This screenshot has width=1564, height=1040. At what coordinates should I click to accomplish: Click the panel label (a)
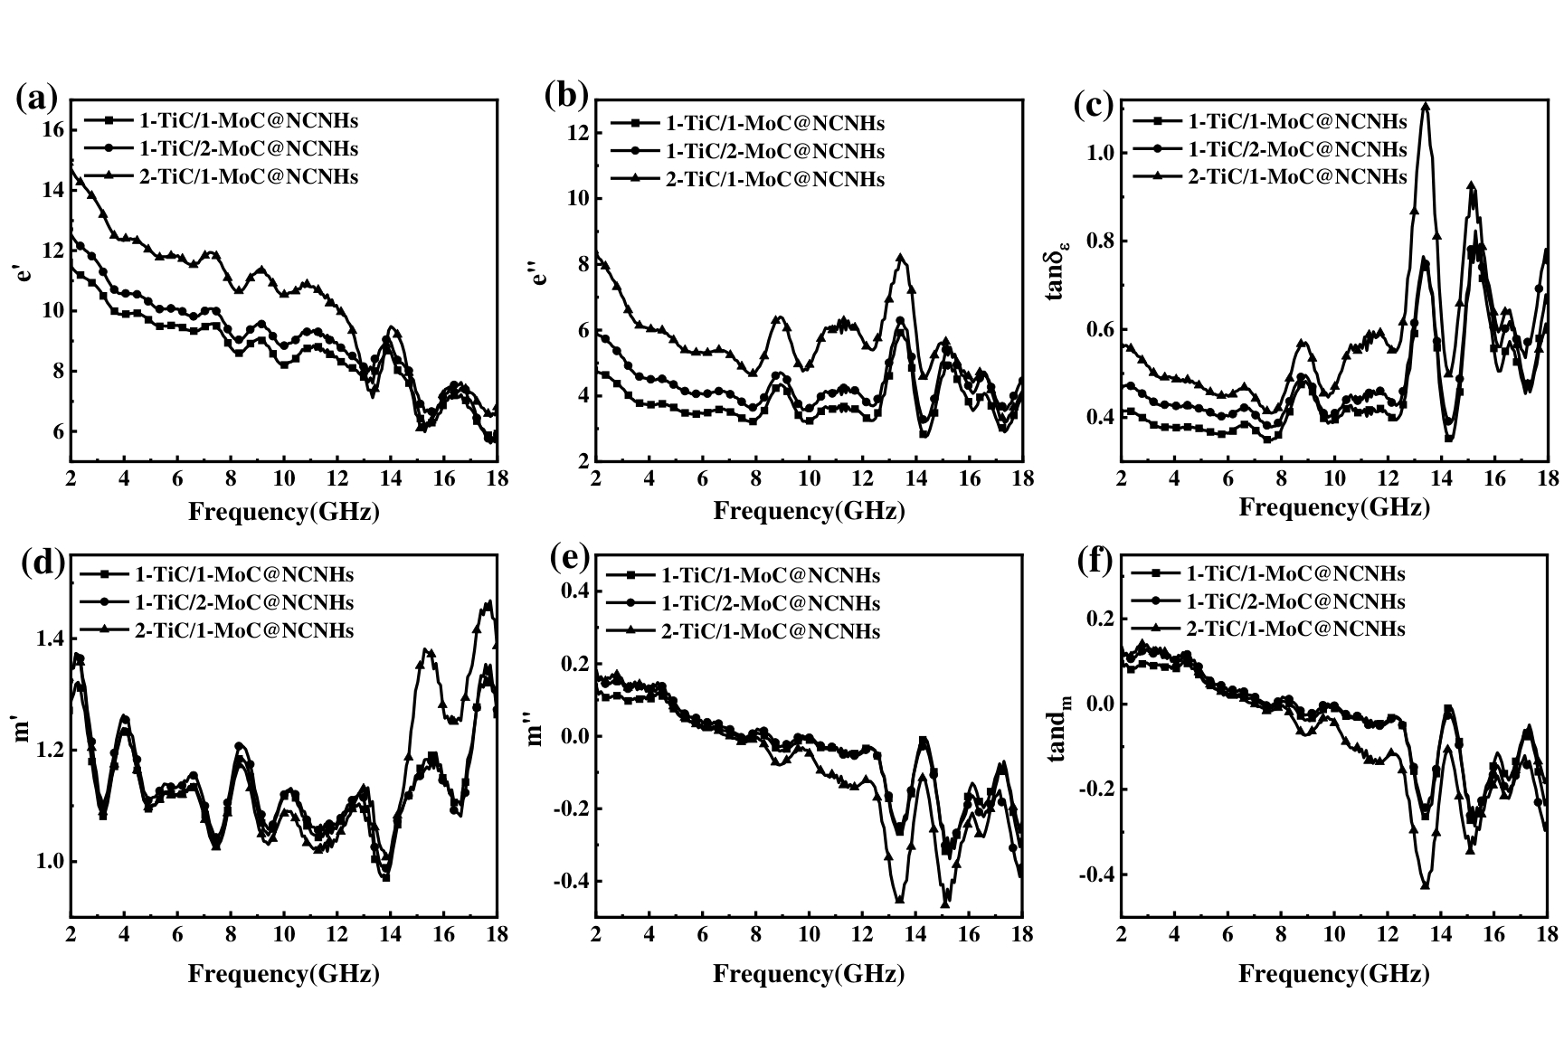click(37, 98)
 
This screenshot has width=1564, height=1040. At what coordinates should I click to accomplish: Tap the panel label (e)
click(570, 559)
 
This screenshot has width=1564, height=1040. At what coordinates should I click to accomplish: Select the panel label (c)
click(1093, 104)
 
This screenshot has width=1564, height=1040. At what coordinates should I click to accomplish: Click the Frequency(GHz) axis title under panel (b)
click(809, 511)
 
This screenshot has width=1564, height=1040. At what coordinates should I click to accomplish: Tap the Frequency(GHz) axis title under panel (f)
click(1333, 974)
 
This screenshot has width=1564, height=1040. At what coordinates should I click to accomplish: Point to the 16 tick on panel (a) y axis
click(52, 130)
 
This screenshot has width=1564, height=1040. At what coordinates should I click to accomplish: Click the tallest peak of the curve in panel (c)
click(1426, 106)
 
